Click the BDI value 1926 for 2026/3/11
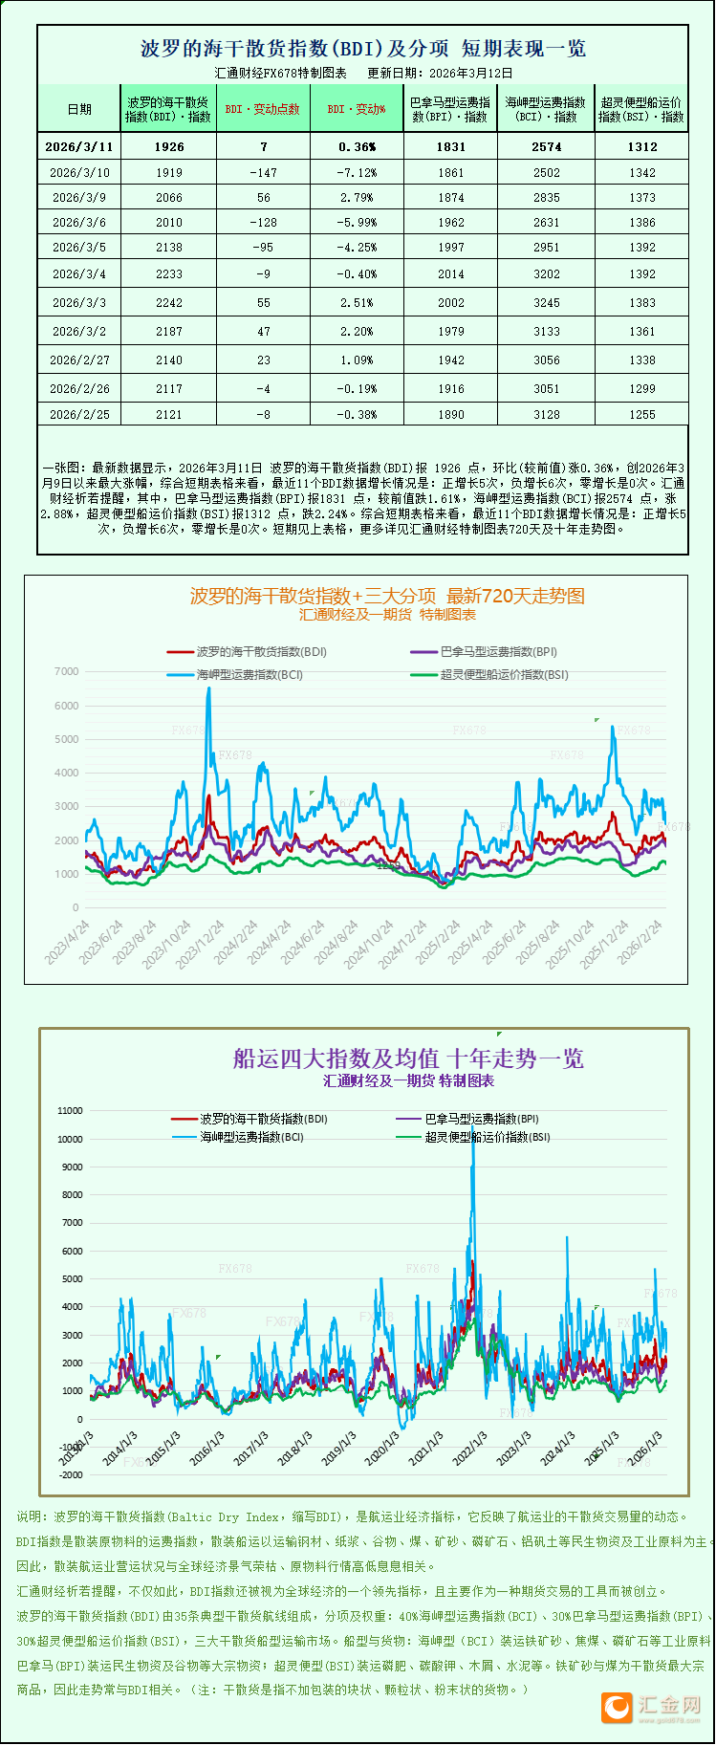point(168,147)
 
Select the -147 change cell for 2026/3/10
point(263,173)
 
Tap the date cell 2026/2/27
point(79,360)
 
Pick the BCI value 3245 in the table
point(547,303)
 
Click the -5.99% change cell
point(358,223)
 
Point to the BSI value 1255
point(642,415)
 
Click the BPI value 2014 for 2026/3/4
point(451,274)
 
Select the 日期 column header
point(79,109)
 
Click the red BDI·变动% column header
point(357,109)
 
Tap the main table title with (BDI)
point(363,49)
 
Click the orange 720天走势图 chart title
point(387,596)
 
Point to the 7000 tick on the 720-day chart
point(67,671)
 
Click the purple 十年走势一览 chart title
point(408,1058)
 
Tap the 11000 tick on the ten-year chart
point(71,1111)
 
